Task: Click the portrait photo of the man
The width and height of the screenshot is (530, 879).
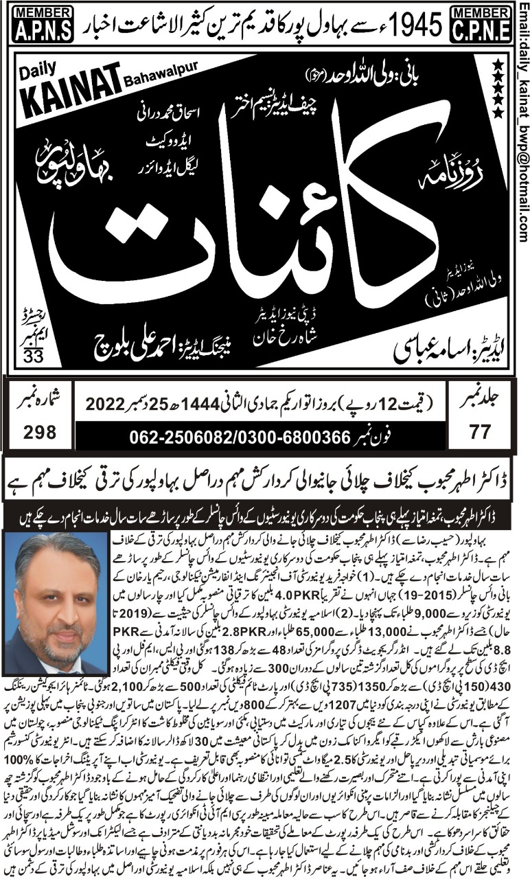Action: pyautogui.click(x=56, y=603)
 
